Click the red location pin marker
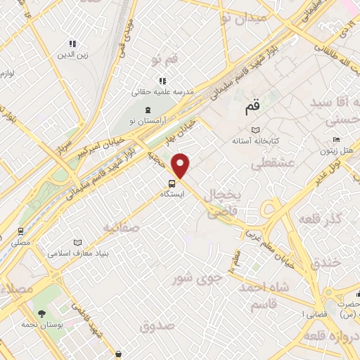(181, 165)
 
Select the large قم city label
(252, 108)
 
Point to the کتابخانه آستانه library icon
(255, 130)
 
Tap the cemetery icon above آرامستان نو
(148, 110)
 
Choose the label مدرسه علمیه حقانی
(163, 92)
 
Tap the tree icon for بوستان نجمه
(41, 313)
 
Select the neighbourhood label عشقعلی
(272, 165)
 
